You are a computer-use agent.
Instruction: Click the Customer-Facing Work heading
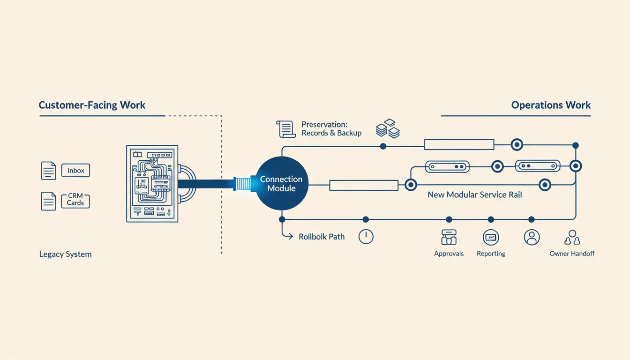point(92,105)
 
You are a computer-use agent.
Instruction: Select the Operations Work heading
point(551,105)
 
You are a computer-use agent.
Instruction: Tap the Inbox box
point(75,171)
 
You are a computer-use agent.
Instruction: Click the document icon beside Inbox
point(48,171)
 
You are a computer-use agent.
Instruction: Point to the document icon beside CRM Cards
point(48,201)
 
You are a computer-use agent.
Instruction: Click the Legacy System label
point(65,254)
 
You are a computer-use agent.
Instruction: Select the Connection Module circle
point(282,183)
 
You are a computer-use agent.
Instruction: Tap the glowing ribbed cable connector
point(242,184)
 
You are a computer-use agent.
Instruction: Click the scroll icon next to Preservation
point(286,129)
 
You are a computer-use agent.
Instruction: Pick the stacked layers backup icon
point(388,128)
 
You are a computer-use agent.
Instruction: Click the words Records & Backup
point(331,133)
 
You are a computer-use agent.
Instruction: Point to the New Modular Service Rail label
point(475,195)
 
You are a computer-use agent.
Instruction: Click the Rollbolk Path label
point(322,237)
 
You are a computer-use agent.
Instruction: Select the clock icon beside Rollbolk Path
point(366,237)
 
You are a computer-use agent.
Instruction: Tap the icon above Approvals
point(449,237)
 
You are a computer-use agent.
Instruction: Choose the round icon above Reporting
point(491,237)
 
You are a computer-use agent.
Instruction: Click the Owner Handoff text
point(572,254)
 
